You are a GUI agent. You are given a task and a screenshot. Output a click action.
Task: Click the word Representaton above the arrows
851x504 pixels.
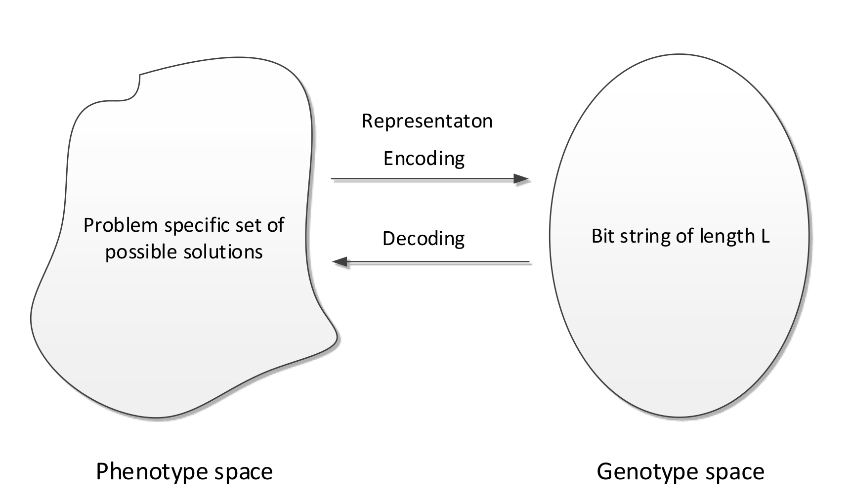(427, 121)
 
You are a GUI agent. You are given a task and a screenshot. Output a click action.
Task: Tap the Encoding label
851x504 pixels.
(424, 159)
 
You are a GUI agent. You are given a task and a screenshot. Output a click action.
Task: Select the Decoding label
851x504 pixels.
(424, 239)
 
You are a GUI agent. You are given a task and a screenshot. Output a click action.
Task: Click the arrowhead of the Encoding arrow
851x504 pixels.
(521, 178)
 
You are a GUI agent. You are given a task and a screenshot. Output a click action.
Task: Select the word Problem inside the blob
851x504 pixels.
(120, 225)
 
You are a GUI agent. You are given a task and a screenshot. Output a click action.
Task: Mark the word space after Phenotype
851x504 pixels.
(243, 472)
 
